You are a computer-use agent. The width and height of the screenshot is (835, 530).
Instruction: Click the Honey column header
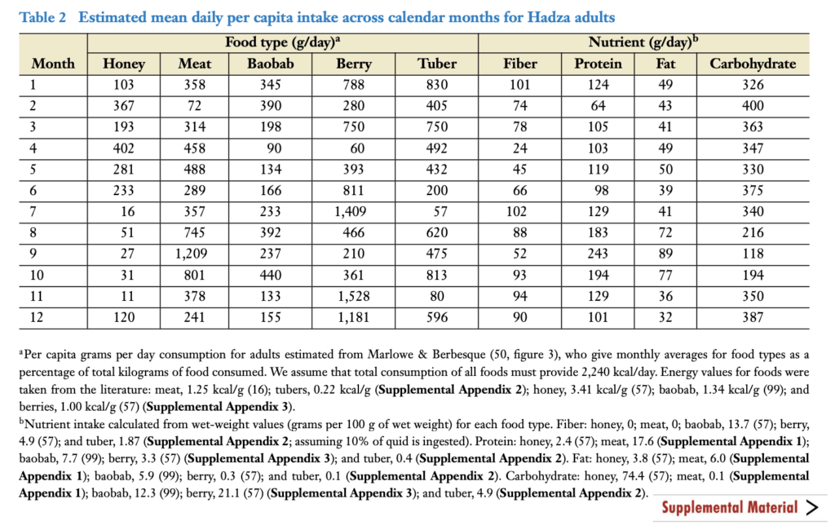click(x=124, y=64)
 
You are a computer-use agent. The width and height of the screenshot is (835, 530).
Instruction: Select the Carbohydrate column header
click(x=753, y=64)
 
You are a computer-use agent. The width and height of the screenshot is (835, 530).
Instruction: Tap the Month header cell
click(x=53, y=64)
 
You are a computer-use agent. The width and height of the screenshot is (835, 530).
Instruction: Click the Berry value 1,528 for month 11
click(x=353, y=297)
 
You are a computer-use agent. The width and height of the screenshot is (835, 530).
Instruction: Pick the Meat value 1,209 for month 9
click(x=191, y=254)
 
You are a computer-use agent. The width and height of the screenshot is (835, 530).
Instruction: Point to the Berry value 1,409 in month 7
click(x=351, y=212)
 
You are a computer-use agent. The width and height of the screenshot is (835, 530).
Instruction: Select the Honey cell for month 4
click(x=124, y=148)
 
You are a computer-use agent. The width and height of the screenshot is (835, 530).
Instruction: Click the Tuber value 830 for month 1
click(x=437, y=85)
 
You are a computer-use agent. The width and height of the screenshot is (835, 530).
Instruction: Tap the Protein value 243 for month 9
click(x=598, y=254)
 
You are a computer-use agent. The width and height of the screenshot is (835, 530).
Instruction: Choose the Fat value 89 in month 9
click(x=665, y=254)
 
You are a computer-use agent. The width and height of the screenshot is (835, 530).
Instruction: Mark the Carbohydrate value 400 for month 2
click(x=753, y=106)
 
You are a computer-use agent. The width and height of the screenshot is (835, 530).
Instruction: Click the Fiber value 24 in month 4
click(x=519, y=148)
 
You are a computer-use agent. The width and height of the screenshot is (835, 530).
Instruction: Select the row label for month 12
click(x=36, y=317)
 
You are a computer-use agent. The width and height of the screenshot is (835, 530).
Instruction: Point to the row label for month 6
click(x=33, y=191)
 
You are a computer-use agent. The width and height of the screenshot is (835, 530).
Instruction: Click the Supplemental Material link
click(x=730, y=507)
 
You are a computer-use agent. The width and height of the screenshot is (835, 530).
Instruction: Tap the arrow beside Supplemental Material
click(x=812, y=508)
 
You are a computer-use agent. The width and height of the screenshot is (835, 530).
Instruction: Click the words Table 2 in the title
click(x=42, y=18)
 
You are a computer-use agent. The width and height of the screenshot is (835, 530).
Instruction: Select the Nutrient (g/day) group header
click(x=643, y=42)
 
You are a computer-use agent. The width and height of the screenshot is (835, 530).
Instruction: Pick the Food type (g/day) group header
click(x=282, y=42)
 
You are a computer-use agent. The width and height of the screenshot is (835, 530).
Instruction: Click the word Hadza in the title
click(x=549, y=18)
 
